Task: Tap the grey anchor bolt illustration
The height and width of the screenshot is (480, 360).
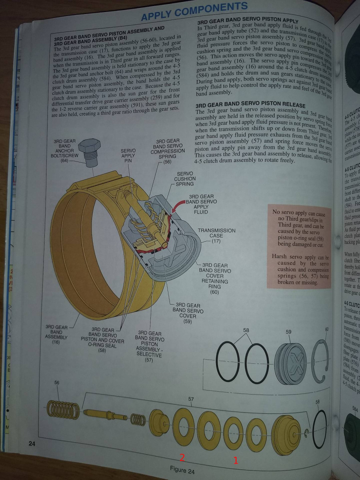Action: (89, 154)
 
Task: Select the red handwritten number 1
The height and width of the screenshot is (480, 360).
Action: (236, 460)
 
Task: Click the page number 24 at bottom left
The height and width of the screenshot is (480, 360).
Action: (32, 443)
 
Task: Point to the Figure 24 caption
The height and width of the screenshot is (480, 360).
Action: (182, 470)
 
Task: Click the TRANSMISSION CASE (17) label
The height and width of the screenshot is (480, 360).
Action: (217, 236)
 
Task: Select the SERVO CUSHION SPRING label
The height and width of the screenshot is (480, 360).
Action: (185, 179)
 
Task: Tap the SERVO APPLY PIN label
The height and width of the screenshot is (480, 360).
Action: (128, 156)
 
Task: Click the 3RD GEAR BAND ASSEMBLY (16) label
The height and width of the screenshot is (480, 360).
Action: (56, 334)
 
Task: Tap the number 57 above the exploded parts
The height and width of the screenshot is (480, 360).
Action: (191, 399)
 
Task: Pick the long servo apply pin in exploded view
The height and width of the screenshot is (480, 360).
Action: (106, 415)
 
